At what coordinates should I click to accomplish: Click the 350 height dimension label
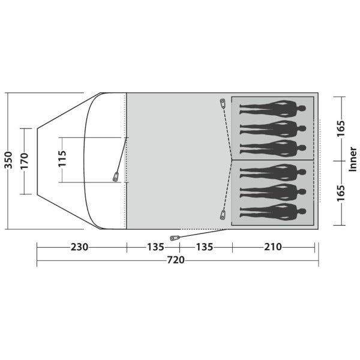8,160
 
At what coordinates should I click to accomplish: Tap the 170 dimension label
24,161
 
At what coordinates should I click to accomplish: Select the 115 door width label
62,158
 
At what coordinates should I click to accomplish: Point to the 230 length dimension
79,247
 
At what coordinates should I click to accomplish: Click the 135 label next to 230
155,247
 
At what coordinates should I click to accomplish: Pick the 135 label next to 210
205,247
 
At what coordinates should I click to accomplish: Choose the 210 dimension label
273,247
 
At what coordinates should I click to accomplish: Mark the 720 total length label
176,260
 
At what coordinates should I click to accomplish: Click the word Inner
353,159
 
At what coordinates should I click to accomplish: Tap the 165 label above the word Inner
341,128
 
